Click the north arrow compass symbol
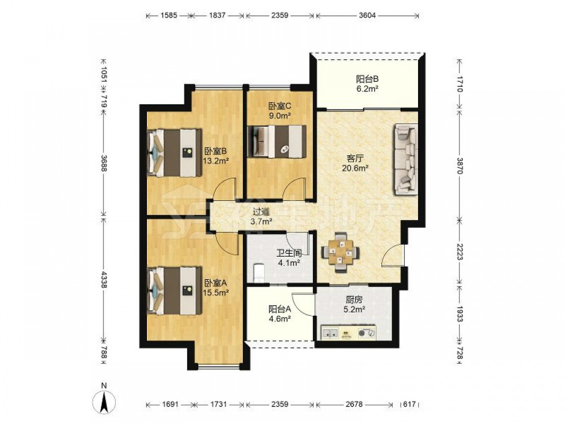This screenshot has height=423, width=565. click(x=104, y=400)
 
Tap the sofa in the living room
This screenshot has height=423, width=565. click(x=406, y=160)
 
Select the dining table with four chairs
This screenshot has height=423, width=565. click(x=340, y=253)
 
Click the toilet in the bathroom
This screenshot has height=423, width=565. click(x=259, y=272)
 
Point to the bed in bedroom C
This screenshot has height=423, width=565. click(x=277, y=142)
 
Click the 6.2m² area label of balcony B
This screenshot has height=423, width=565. click(x=367, y=88)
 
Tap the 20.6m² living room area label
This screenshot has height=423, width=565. click(x=355, y=168)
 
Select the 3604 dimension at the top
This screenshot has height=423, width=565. click(x=367, y=15)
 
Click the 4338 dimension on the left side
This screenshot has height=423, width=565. click(x=104, y=279)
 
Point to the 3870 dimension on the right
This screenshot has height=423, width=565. click(x=459, y=165)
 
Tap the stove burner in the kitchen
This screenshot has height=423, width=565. click(x=367, y=333)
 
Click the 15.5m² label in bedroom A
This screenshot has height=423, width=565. click(x=216, y=293)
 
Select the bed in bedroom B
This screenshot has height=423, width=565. click(x=175, y=153)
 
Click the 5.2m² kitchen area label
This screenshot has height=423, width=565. click(x=354, y=309)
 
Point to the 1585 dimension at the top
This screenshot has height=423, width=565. click(x=168, y=15)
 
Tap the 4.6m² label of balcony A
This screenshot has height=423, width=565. click(x=280, y=318)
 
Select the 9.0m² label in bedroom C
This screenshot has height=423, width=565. click(x=279, y=116)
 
